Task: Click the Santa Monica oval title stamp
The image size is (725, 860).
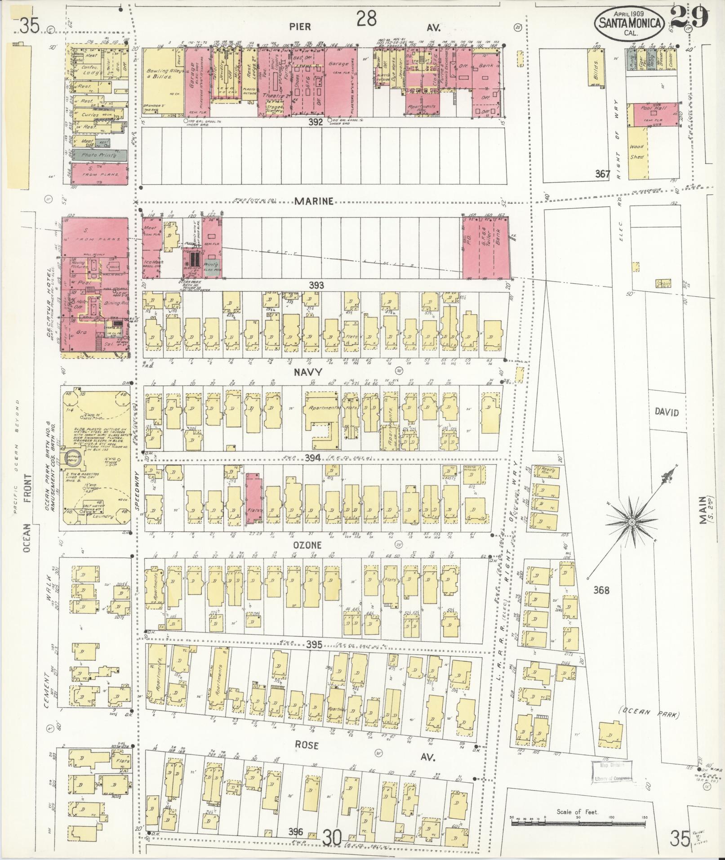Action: click(x=630, y=22)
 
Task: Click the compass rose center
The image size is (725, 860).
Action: click(x=632, y=522)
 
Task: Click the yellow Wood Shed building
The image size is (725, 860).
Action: click(x=637, y=153)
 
